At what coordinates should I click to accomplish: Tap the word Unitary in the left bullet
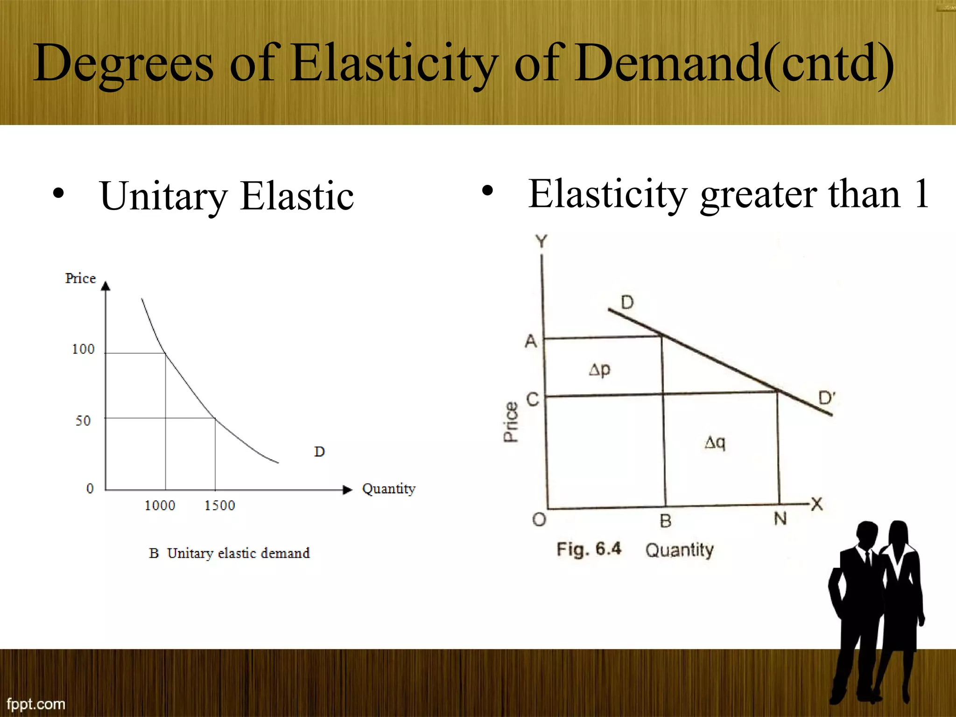(x=163, y=196)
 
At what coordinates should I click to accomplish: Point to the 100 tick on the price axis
(x=83, y=349)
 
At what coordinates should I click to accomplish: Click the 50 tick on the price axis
(x=83, y=421)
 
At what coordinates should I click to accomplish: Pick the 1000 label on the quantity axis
(x=160, y=506)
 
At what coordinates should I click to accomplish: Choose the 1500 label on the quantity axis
(x=220, y=506)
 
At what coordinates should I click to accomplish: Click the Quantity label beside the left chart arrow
(x=388, y=489)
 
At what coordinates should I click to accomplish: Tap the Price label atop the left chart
(x=80, y=279)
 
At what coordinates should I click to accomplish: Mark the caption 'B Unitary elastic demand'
(x=229, y=553)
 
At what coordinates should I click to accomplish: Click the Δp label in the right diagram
(x=599, y=370)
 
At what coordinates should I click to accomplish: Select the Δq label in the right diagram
(x=715, y=442)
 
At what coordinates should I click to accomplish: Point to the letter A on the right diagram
(x=531, y=341)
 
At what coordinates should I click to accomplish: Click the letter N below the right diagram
(x=780, y=519)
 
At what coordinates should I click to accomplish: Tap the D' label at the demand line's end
(x=827, y=398)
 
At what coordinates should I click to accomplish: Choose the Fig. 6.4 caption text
(x=589, y=549)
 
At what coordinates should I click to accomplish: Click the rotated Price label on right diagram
(x=511, y=422)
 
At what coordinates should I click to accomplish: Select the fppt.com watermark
(x=36, y=703)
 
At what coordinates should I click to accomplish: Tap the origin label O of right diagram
(x=539, y=519)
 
